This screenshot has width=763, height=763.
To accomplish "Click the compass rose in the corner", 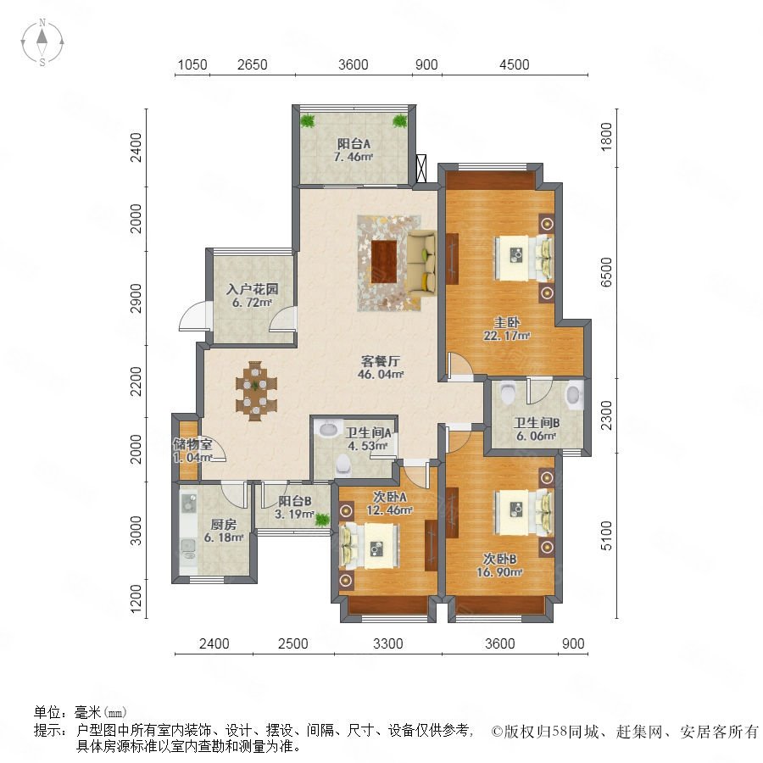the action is (x=42, y=42).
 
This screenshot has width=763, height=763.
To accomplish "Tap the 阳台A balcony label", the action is (x=354, y=143).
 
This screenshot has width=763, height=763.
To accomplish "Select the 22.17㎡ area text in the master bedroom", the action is (x=507, y=335).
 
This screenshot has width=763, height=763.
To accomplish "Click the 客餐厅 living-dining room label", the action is (x=381, y=361).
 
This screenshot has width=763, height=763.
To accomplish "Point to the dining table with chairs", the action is (x=256, y=391).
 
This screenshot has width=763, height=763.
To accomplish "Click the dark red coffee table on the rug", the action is (x=384, y=261).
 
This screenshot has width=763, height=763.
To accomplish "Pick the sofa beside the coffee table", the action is (x=422, y=263).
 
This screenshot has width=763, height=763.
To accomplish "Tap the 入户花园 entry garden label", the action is (x=252, y=289).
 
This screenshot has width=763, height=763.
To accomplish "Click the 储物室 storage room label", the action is (x=192, y=443).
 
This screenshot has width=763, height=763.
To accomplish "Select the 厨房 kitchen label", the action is (x=223, y=524).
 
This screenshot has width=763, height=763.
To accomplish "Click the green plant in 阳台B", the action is (x=321, y=520).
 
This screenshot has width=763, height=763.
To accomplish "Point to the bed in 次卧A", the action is (x=369, y=546).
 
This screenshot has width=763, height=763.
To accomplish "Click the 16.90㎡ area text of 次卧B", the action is (x=499, y=572).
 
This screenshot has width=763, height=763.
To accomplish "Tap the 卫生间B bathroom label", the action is (x=537, y=422).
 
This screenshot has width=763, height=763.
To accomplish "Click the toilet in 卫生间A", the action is (x=343, y=465).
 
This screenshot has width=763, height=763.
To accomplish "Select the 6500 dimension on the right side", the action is (x=606, y=272).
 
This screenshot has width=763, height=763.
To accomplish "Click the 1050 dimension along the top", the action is (x=192, y=64).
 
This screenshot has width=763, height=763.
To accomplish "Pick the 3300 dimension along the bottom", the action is (x=387, y=643).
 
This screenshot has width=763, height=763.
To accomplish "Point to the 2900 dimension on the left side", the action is (x=136, y=298).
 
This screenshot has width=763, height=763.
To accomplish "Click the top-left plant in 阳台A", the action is (x=308, y=120).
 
